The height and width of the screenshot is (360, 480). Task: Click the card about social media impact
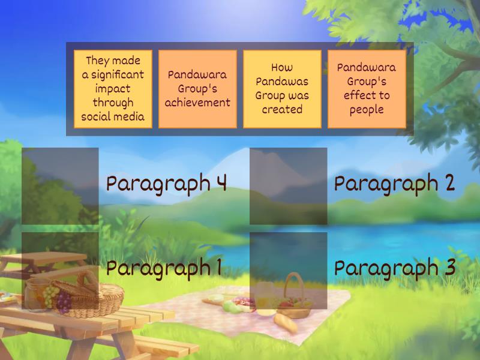tap(113, 89)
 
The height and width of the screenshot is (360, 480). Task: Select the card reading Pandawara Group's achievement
tap(198, 89)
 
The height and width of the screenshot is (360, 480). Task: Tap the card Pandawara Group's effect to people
tap(367, 89)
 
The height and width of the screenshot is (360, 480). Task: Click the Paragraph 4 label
tap(166, 184)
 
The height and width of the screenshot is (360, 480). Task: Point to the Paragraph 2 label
tap(394, 184)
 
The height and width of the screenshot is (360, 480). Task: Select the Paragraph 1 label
tap(164, 268)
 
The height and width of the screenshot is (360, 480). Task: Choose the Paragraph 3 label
tap(394, 268)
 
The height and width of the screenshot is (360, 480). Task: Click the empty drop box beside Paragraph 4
tap(60, 186)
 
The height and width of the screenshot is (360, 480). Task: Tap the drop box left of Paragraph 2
tap(289, 186)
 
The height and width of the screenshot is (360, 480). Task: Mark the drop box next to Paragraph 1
tap(60, 270)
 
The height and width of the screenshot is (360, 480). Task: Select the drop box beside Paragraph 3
tap(289, 270)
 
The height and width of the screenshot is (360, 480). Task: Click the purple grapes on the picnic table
tap(64, 300)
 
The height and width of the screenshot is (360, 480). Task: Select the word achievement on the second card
tap(198, 103)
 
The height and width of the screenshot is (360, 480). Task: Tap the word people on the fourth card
tap(367, 109)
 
